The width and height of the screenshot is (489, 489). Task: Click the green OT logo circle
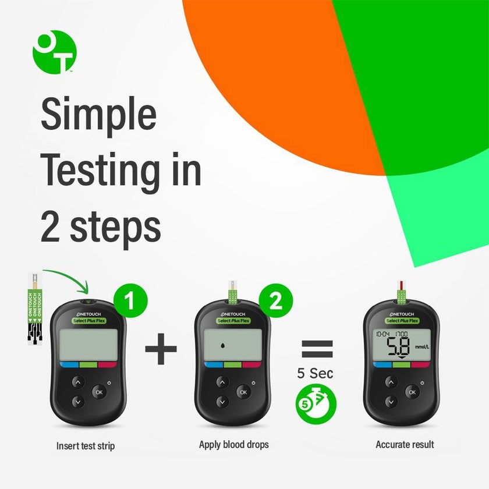pos(54,52)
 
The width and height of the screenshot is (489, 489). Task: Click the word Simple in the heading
pos(98,115)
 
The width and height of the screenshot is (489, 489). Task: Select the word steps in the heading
pos(115,226)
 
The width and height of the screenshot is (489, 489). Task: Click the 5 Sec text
pos(316,373)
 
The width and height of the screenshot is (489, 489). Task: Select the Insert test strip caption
pos(86,447)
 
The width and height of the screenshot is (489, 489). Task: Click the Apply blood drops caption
pos(233,445)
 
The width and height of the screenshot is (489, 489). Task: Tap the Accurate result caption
pos(405,445)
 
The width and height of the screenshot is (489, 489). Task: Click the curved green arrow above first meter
pos(67,276)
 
